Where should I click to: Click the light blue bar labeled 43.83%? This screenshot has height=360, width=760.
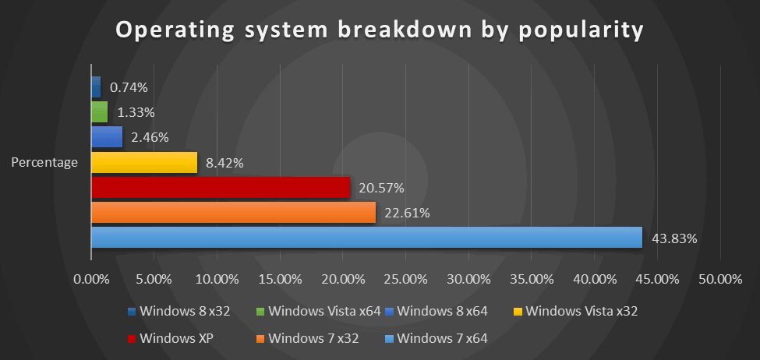[366, 238]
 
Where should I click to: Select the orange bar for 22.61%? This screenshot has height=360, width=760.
[233, 213]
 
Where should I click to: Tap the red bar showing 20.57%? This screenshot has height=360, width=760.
[221, 188]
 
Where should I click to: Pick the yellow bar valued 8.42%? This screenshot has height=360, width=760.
[144, 163]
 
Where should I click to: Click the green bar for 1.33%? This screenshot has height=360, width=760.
[99, 112]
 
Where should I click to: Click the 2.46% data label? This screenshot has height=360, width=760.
[150, 138]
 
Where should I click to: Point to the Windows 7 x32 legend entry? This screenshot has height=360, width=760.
[311, 339]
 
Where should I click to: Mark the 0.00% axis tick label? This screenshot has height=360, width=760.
[91, 279]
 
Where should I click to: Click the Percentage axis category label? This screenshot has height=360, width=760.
[45, 163]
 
